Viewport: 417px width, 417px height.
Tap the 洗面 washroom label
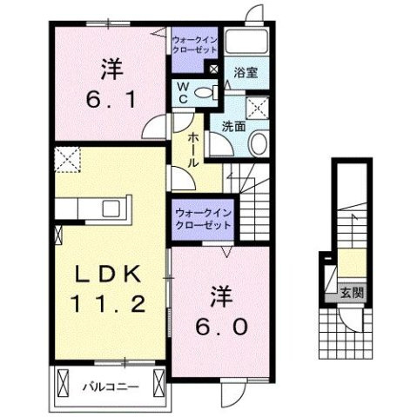[233, 126]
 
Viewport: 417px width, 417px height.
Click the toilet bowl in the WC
[204, 94]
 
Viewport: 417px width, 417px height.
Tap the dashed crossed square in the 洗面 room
[258, 108]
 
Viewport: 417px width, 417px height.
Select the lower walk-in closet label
[202, 218]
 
